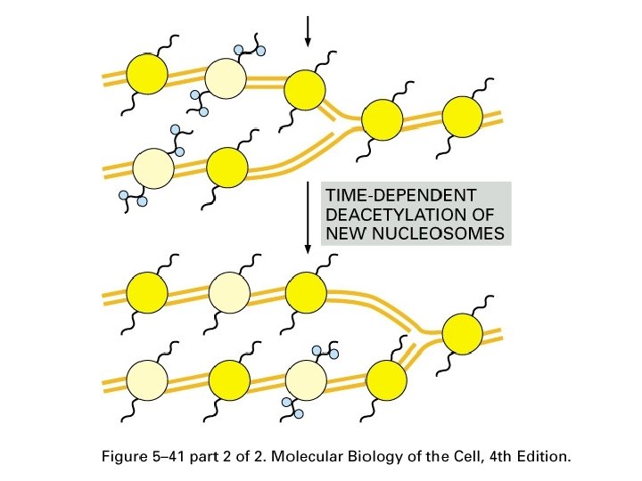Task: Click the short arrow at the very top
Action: (309, 31)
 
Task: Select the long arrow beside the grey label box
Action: (309, 218)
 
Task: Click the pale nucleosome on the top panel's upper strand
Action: (226, 78)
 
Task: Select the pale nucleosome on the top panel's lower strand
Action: (152, 167)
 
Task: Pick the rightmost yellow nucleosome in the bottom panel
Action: (463, 334)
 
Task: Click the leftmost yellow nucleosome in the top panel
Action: (147, 73)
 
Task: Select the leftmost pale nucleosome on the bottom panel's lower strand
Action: (147, 381)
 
